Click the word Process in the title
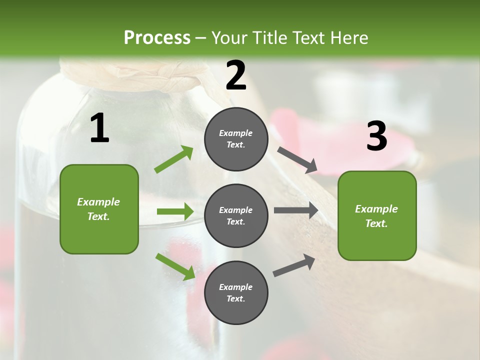tap(157, 37)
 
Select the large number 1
tap(99, 128)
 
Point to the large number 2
tap(236, 75)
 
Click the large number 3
tap(376, 136)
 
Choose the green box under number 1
tap(99, 209)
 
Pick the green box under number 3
tap(377, 215)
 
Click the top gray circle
tap(236, 139)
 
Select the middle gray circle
tap(236, 215)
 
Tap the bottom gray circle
tap(236, 292)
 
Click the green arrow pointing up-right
tap(174, 159)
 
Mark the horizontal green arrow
tap(175, 211)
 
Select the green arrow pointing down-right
tap(175, 266)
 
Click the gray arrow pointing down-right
tap(297, 159)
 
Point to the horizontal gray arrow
tap(296, 210)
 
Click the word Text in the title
tap(310, 37)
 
